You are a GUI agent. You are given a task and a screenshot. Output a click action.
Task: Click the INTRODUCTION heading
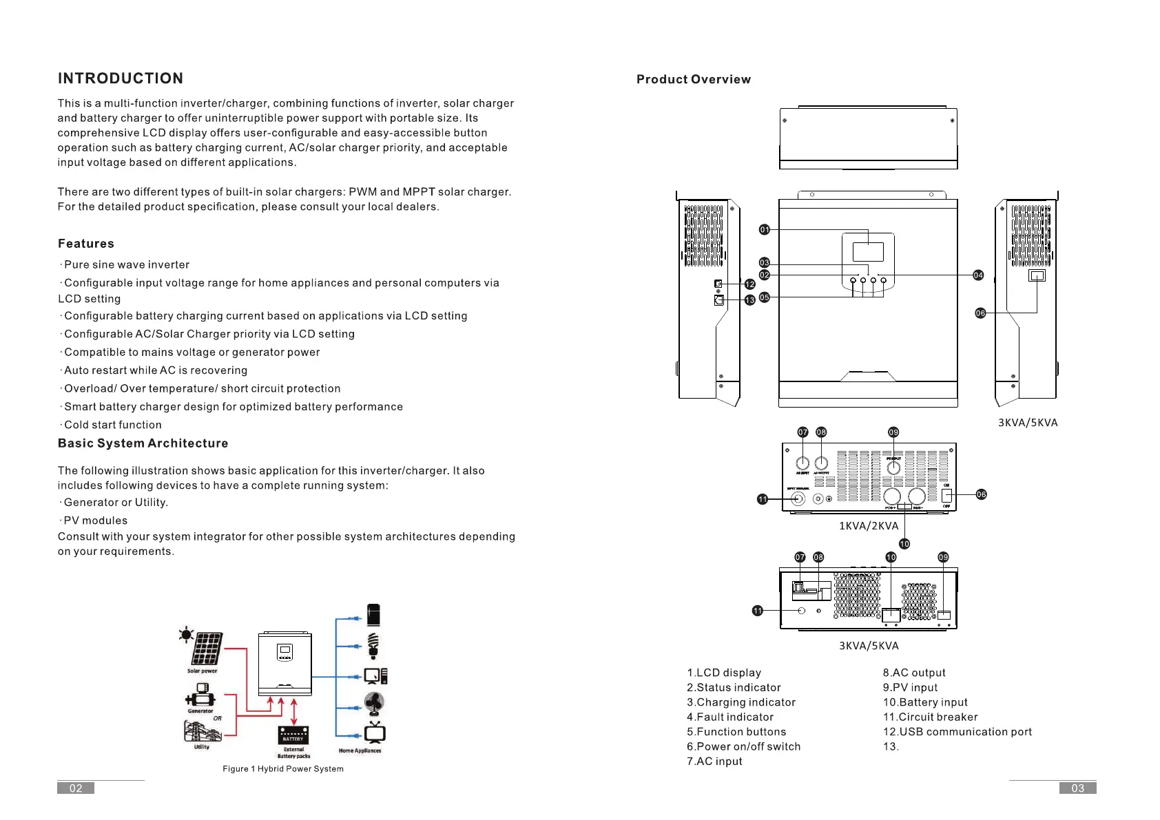[x=121, y=78]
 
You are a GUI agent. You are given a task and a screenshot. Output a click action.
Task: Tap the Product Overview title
[x=693, y=79]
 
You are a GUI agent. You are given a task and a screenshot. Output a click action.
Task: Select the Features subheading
[x=86, y=244]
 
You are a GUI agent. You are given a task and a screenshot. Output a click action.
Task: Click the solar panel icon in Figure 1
[x=206, y=649]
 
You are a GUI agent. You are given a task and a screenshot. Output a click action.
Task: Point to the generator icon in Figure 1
[x=200, y=696]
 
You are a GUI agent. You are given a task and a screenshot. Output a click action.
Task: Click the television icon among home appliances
[x=375, y=733]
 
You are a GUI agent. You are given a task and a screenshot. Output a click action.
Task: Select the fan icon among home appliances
[x=374, y=704]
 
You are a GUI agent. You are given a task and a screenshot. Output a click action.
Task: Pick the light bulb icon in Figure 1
[x=373, y=646]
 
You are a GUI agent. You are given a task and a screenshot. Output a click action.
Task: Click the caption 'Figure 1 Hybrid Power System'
[x=283, y=769]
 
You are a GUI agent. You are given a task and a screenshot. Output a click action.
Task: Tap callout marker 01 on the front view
[x=764, y=230]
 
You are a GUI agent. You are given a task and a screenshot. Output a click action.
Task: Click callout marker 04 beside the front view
[x=978, y=275]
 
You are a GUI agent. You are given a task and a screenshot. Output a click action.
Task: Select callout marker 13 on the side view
[x=750, y=300]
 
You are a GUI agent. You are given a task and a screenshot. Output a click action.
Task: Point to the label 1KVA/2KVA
[x=869, y=526]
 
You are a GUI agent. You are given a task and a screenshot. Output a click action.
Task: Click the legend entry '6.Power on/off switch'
[x=743, y=746]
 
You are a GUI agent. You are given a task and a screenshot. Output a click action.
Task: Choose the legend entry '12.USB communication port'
[x=957, y=732]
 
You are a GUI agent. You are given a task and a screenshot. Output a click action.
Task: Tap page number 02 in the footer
[x=76, y=788]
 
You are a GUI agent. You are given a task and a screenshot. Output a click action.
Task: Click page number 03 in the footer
[x=1077, y=788]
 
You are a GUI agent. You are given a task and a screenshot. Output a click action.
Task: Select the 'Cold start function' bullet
[x=112, y=425]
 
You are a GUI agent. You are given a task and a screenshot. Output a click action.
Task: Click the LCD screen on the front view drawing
[x=868, y=251]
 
